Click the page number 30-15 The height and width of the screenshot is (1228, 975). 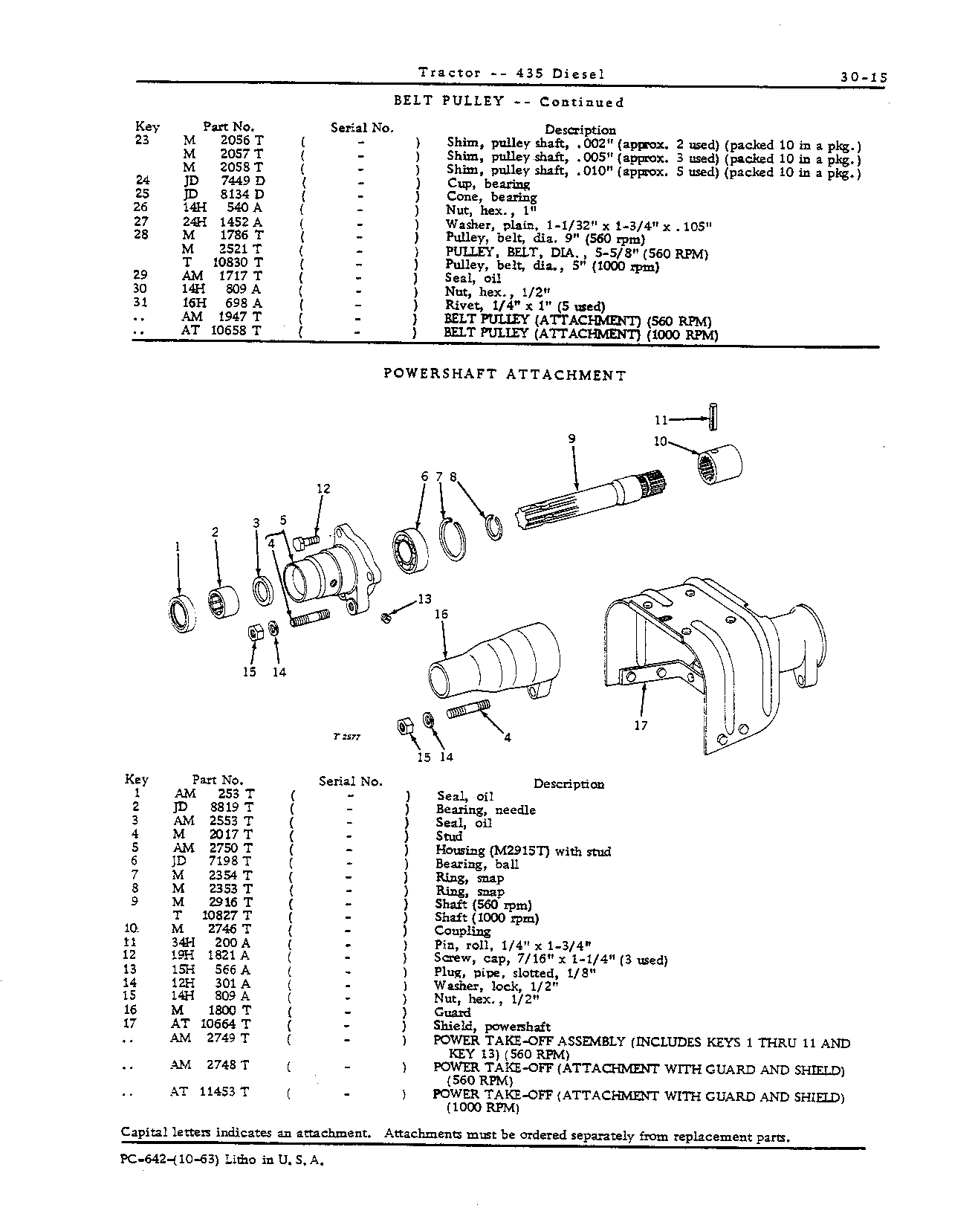pos(864,76)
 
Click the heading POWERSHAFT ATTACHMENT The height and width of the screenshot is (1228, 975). pos(505,375)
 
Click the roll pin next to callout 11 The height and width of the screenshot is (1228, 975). pos(713,416)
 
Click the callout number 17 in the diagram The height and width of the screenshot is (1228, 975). pos(641,726)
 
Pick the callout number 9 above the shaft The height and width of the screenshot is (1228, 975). pos(571,439)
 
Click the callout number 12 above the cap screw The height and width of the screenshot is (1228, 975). pos(323,488)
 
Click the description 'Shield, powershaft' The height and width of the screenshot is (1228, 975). pos(492,1027)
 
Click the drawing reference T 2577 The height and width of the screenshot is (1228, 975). pos(347,737)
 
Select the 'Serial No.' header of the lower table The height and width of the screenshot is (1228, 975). pos(351,781)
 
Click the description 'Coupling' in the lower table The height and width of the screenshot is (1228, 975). pos(462,931)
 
